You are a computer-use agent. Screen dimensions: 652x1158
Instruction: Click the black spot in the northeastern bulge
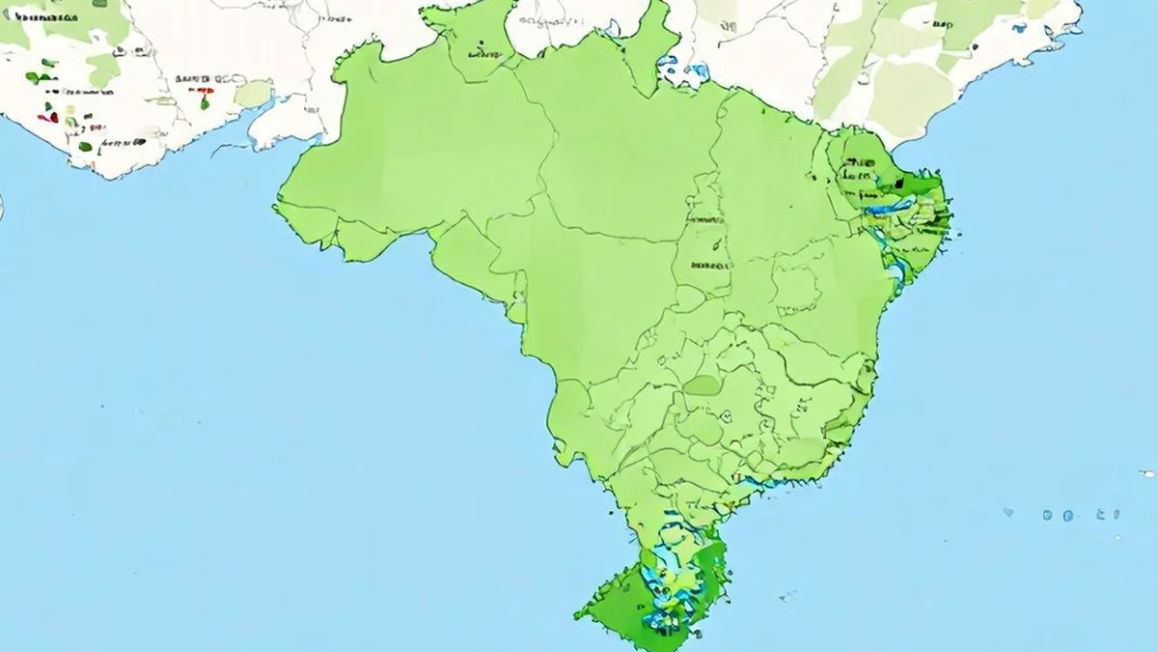pyautogui.click(x=900, y=181)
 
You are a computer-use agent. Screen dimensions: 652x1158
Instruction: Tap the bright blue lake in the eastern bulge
pyautogui.click(x=886, y=207)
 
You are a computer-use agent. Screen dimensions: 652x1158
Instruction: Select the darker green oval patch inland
pyautogui.click(x=703, y=385)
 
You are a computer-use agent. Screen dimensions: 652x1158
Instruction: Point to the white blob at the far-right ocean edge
pyautogui.click(x=1146, y=473)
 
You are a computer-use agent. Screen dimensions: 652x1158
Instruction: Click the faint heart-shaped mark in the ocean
pyautogui.click(x=1008, y=513)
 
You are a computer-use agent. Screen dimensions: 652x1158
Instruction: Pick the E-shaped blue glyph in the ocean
pyautogui.click(x=1114, y=514)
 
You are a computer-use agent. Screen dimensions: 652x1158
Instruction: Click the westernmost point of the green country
pyautogui.click(x=276, y=206)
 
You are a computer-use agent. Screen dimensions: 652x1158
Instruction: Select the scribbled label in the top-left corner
pyautogui.click(x=29, y=19)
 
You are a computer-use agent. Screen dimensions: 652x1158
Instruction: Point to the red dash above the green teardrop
pyautogui.click(x=204, y=91)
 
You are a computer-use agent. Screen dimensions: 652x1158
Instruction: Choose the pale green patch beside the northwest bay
pyautogui.click(x=253, y=94)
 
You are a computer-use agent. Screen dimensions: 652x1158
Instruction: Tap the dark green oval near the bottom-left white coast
pyautogui.click(x=86, y=146)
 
